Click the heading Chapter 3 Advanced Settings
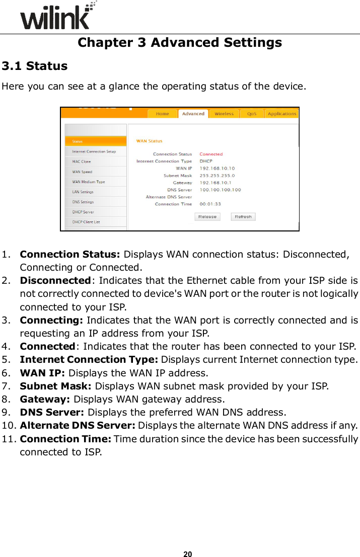click(x=180, y=42)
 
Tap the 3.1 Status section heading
click(x=35, y=66)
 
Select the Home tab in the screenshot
click(x=162, y=114)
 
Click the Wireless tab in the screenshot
click(x=224, y=114)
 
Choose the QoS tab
click(x=251, y=114)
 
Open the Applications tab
click(x=282, y=114)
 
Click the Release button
click(x=207, y=216)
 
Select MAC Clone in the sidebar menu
click(x=82, y=162)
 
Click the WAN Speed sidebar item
click(x=82, y=172)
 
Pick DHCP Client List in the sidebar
click(x=86, y=222)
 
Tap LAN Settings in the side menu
click(x=83, y=192)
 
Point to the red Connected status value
click(x=211, y=154)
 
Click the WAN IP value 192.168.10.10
click(x=217, y=168)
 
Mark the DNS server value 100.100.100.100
click(x=220, y=190)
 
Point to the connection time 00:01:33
click(x=210, y=204)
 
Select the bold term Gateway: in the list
click(x=45, y=400)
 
